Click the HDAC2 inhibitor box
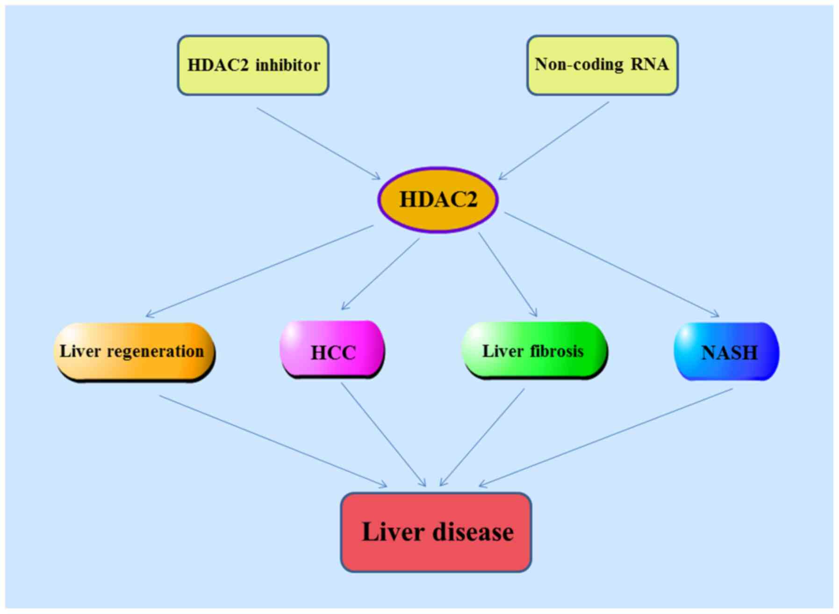pyautogui.click(x=253, y=66)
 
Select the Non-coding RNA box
pyautogui.click(x=602, y=65)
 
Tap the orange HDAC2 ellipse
pyautogui.click(x=438, y=200)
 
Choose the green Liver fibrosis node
pyautogui.click(x=534, y=351)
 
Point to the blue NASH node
pyautogui.click(x=726, y=351)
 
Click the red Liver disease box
pyautogui.click(x=436, y=532)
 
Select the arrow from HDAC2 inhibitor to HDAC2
pyautogui.click(x=319, y=144)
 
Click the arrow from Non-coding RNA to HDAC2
pyautogui.click(x=554, y=141)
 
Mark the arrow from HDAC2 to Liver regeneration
pyautogui.click(x=260, y=271)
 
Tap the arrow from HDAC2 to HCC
pyautogui.click(x=381, y=274)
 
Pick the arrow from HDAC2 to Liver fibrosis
pyautogui.click(x=508, y=275)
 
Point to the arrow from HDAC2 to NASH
pyautogui.click(x=611, y=264)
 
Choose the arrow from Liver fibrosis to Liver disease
pyautogui.click(x=482, y=437)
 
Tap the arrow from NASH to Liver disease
pyautogui.click(x=606, y=437)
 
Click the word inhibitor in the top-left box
pyautogui.click(x=287, y=65)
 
